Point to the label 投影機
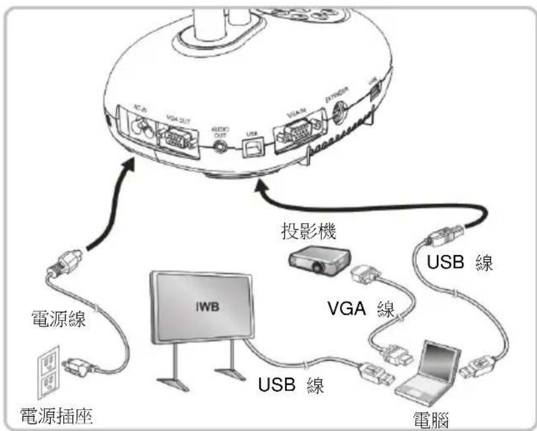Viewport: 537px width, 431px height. [308, 233]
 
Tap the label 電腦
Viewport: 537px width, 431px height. [433, 417]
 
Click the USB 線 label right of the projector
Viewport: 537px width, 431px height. [460, 263]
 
